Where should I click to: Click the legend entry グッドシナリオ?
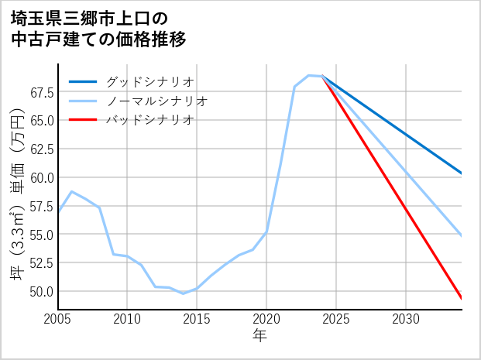click(x=149, y=81)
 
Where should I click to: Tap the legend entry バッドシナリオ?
click(x=149, y=120)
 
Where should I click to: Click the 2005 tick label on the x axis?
click(x=58, y=319)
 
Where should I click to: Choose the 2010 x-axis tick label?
click(x=127, y=319)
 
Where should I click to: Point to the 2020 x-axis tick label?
click(x=266, y=319)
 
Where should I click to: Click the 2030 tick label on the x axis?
click(x=406, y=319)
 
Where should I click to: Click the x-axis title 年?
click(x=259, y=337)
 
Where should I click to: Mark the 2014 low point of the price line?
click(x=183, y=293)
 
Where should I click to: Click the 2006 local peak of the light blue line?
click(x=71, y=191)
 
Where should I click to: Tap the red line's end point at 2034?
click(x=462, y=299)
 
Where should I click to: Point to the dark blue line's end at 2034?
click(x=462, y=173)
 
